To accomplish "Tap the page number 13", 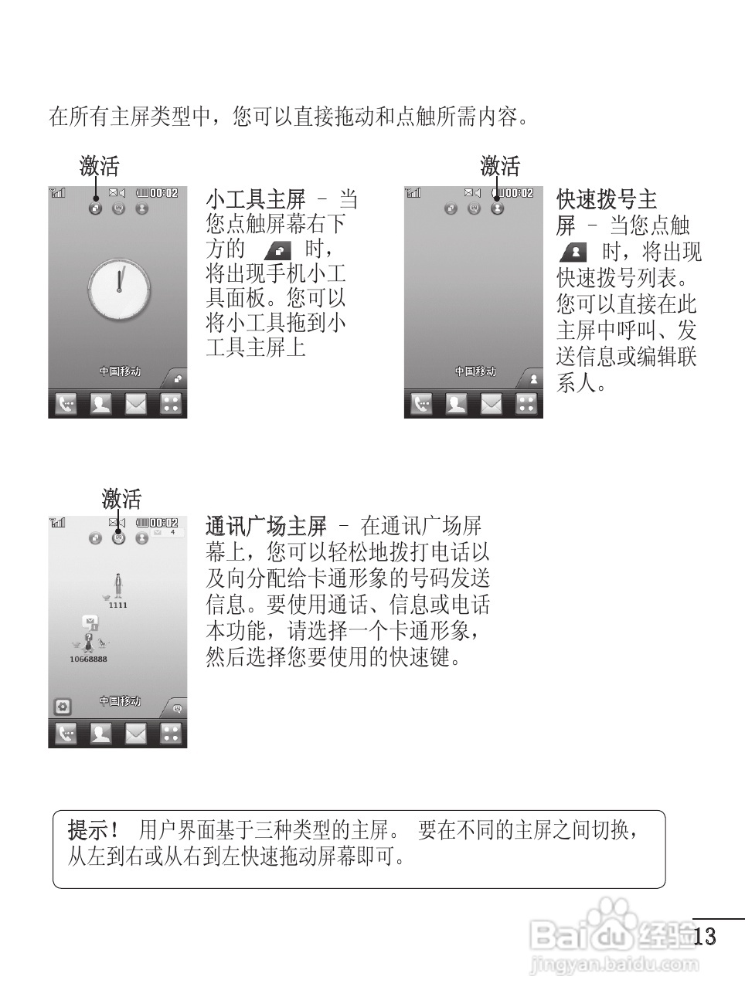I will [x=705, y=936].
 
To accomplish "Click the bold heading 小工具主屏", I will [x=256, y=200].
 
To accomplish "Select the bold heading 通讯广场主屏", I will [x=266, y=527].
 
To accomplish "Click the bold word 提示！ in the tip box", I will [x=94, y=830].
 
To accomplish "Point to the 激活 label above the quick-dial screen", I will [x=500, y=165].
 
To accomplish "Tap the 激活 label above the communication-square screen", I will [x=122, y=498].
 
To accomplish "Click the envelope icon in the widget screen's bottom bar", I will [x=136, y=403].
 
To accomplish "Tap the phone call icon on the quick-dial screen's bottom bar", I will [x=421, y=403].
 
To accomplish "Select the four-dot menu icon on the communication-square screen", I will [x=171, y=733].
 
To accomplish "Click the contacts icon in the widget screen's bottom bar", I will [x=100, y=403].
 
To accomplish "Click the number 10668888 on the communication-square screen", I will [x=88, y=659].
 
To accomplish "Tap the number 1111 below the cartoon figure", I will [x=117, y=605].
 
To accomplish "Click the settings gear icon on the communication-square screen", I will [x=63, y=706].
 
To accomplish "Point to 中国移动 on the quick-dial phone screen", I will [x=475, y=371].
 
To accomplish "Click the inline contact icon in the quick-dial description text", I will [x=573, y=253].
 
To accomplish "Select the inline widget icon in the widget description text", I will [x=278, y=249].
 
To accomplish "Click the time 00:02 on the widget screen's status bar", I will [x=163, y=193].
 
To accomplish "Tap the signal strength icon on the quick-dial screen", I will [x=414, y=193].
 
